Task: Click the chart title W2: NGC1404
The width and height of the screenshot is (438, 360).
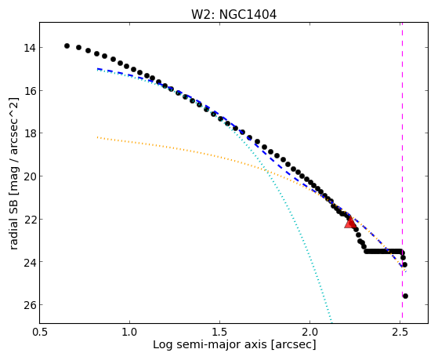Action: (x=233, y=14)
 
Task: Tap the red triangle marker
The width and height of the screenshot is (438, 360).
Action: (x=350, y=222)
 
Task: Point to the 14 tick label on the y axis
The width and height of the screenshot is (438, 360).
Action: (x=29, y=48)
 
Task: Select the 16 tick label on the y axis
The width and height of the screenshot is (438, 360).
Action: (x=29, y=91)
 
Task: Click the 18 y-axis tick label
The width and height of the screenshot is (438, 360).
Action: (x=29, y=133)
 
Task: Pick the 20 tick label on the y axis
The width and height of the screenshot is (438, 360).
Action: (x=29, y=176)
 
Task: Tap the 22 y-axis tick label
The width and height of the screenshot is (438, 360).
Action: (x=29, y=219)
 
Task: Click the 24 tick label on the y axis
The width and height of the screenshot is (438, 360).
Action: (x=29, y=262)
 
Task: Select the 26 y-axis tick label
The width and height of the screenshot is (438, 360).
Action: (x=29, y=304)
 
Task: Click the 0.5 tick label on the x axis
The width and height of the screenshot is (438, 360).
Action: (x=40, y=332)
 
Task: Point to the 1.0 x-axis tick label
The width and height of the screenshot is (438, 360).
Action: (x=129, y=332)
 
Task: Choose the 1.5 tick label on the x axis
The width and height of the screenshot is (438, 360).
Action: (x=220, y=332)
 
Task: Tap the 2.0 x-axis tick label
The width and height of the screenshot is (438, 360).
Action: (x=310, y=332)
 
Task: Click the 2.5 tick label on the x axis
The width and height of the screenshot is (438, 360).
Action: (x=400, y=332)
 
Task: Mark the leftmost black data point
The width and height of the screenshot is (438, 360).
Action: (x=67, y=45)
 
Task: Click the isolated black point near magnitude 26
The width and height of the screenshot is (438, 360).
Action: (x=405, y=296)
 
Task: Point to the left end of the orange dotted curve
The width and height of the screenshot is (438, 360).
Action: (x=97, y=137)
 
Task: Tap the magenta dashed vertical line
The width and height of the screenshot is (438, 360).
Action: (x=402, y=170)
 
